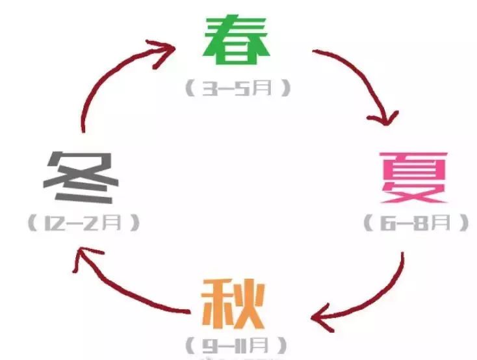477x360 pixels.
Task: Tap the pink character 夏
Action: [x=415, y=177]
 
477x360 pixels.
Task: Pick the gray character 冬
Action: [x=83, y=177]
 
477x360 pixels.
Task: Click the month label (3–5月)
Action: [x=237, y=88]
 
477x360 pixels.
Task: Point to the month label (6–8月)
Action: [x=416, y=223]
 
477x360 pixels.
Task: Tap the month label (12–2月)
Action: [x=84, y=224]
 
